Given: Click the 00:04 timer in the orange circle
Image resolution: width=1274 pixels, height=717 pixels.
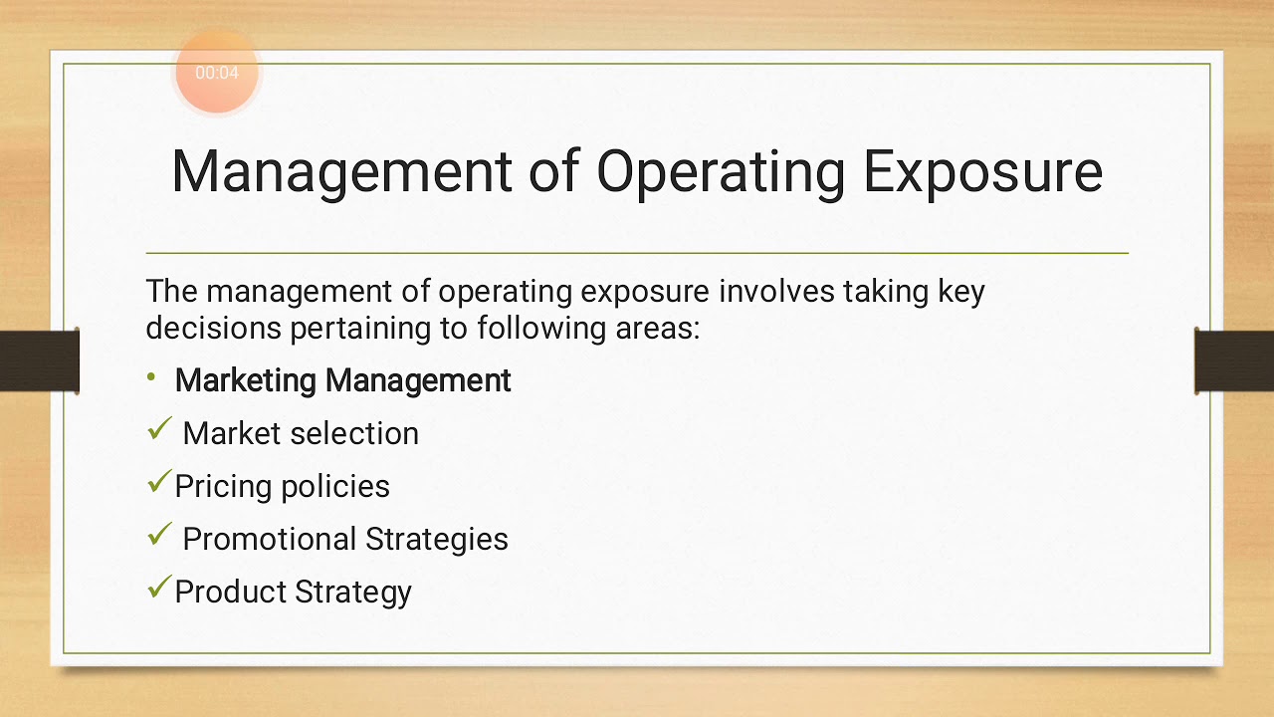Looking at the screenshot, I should (x=217, y=73).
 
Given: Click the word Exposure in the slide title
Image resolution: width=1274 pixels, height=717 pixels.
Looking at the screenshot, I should (x=981, y=171).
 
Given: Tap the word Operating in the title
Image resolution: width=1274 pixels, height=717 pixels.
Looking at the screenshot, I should (x=721, y=171).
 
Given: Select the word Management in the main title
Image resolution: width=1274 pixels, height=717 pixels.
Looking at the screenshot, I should (x=341, y=171).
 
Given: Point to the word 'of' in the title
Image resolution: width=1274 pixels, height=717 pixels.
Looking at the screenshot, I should (x=553, y=171).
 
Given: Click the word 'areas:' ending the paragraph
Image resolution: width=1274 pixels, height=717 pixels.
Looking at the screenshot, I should (x=657, y=328).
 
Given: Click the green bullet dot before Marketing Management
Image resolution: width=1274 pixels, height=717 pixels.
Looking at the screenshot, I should (x=151, y=376).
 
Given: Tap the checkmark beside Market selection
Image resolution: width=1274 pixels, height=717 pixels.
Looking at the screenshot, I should (x=159, y=429).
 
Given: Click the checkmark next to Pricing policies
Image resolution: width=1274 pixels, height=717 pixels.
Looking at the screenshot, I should (x=158, y=482).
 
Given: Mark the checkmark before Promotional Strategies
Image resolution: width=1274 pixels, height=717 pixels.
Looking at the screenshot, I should (x=159, y=535).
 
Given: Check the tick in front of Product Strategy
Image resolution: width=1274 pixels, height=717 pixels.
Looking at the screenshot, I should (x=158, y=588).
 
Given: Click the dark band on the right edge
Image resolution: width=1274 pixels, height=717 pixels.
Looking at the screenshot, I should (x=1234, y=360).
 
